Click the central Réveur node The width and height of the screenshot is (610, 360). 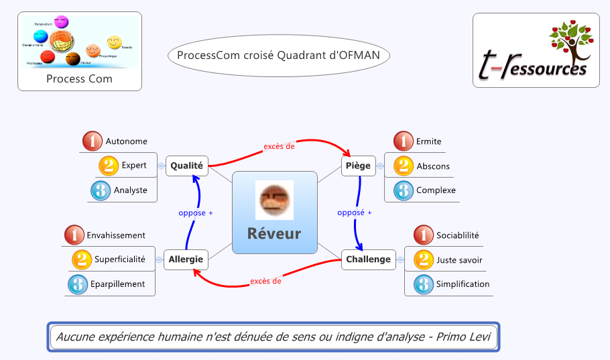(274, 213)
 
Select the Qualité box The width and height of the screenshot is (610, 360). (186, 166)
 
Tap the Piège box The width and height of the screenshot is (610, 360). (358, 166)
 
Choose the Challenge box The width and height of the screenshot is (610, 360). (368, 259)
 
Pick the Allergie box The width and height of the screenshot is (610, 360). (186, 259)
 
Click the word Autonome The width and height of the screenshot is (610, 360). (126, 141)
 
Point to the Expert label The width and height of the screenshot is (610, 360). (134, 166)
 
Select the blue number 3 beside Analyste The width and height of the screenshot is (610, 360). (101, 190)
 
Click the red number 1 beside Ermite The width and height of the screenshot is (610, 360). (403, 141)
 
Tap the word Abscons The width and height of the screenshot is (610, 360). (433, 166)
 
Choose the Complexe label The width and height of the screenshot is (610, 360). (436, 190)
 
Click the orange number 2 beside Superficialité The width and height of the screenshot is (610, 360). (81, 259)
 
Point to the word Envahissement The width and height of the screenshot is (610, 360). (116, 235)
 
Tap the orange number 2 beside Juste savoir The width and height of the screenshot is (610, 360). (424, 259)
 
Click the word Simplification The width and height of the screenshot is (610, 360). (463, 284)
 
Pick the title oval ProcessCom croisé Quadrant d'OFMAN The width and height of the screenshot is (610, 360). (278, 56)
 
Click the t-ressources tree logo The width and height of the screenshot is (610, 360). (534, 50)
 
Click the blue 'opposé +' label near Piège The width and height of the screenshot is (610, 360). (354, 213)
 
